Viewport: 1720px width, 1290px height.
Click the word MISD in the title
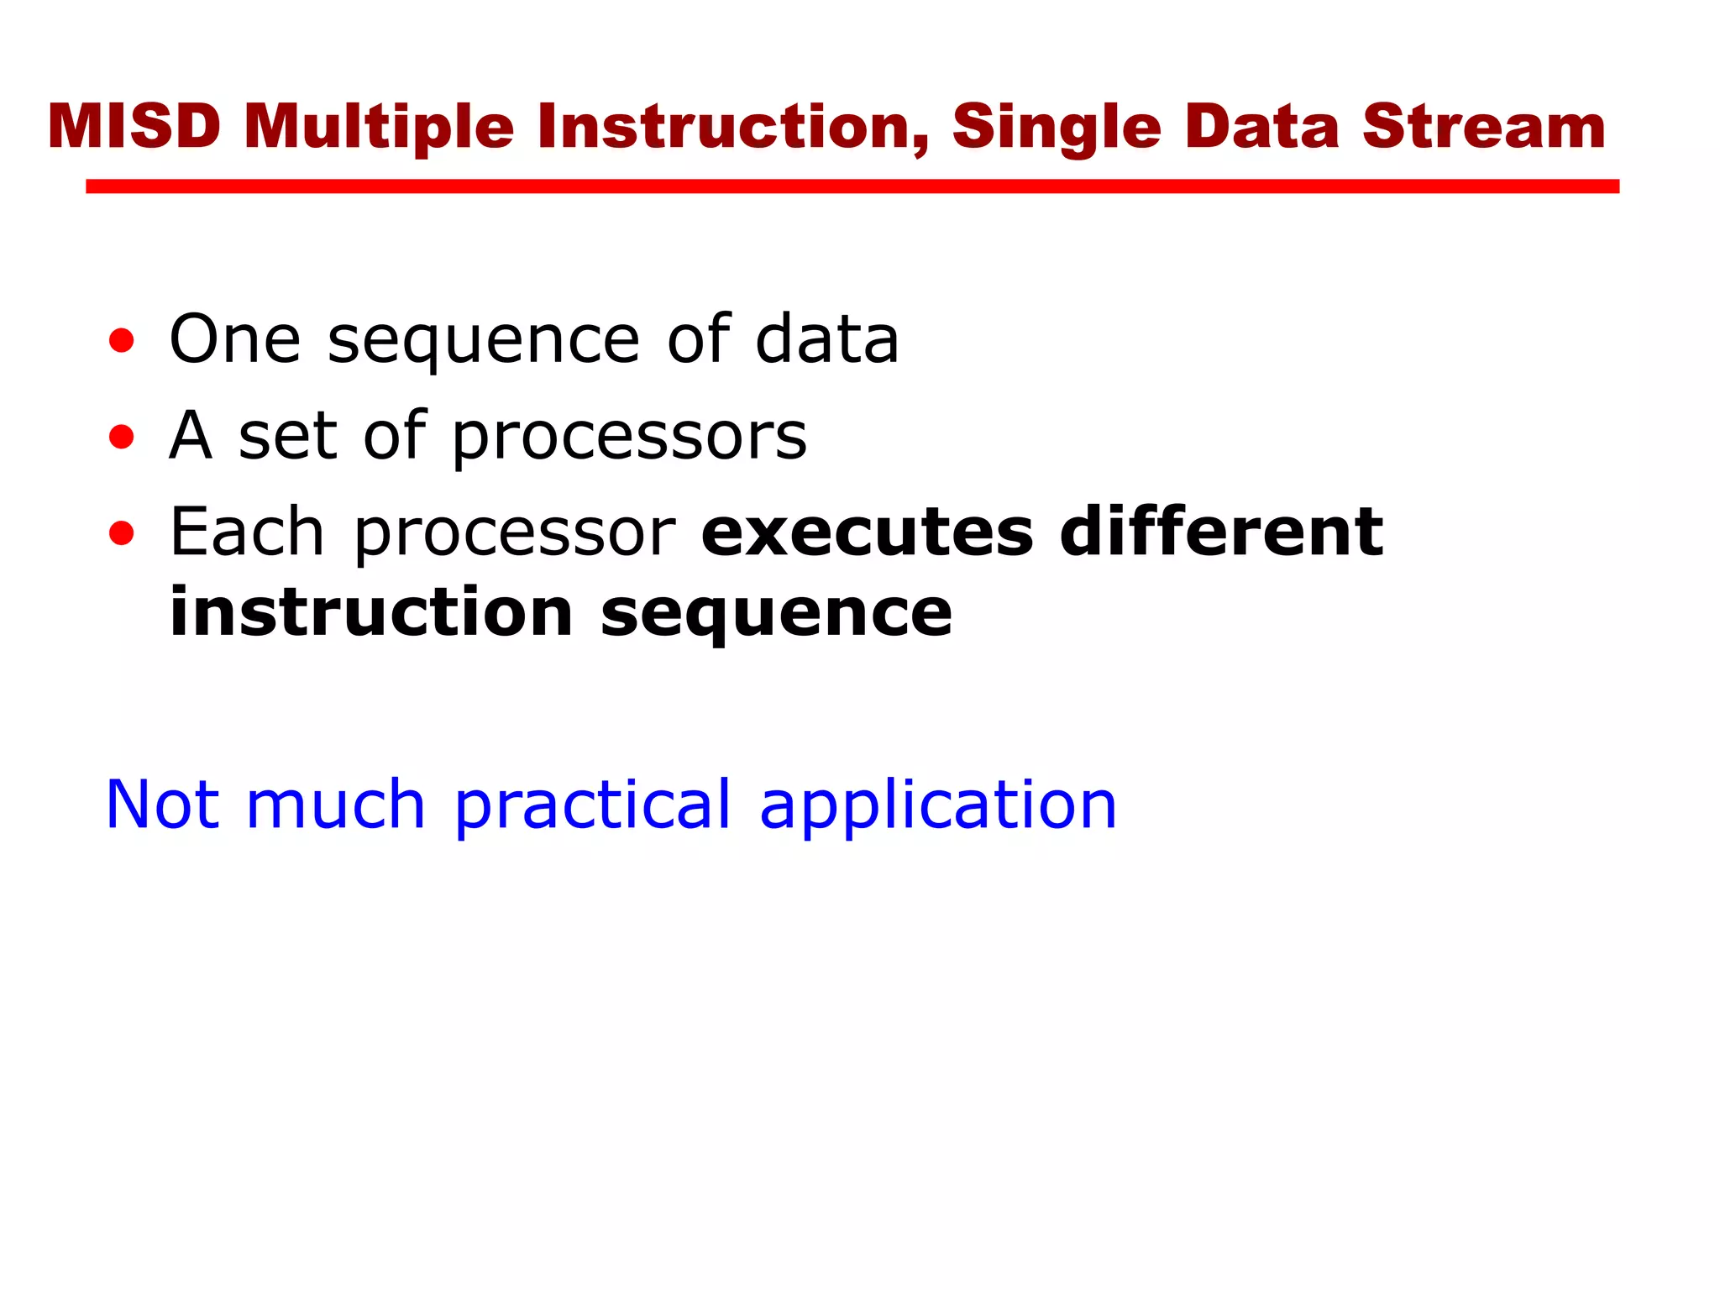[134, 127]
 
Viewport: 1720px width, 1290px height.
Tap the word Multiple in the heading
[378, 127]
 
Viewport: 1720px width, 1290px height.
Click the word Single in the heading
[1057, 127]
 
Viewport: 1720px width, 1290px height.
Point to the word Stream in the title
[1483, 127]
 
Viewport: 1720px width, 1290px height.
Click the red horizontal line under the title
[852, 186]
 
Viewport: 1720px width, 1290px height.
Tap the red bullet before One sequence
[121, 341]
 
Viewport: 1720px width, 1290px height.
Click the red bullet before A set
[121, 437]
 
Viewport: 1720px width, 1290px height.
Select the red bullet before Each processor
[121, 533]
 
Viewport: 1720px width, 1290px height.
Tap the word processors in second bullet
[629, 437]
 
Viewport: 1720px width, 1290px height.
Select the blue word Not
[163, 805]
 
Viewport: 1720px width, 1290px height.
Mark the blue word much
[336, 805]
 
